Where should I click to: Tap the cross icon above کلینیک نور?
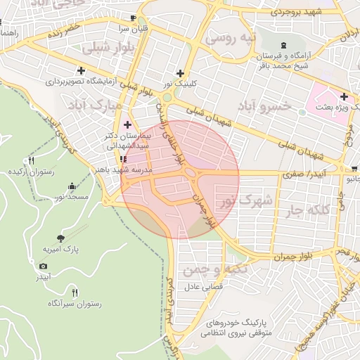click(x=181, y=73)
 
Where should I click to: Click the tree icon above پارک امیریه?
click(x=60, y=238)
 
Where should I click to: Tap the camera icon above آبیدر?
click(x=44, y=266)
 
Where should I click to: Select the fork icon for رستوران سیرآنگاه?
click(x=75, y=292)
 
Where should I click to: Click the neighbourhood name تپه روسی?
click(x=229, y=38)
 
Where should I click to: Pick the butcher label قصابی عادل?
click(x=203, y=287)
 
